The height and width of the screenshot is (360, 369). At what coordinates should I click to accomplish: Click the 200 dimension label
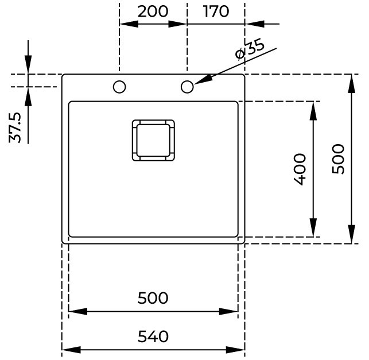[x=153, y=11]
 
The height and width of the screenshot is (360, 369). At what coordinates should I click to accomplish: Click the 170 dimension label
[x=216, y=11]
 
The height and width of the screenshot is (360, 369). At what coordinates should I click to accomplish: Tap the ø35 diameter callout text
[x=250, y=50]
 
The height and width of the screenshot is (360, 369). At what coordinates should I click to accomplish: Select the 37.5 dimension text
[x=15, y=127]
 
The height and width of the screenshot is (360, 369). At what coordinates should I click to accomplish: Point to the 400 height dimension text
[x=300, y=169]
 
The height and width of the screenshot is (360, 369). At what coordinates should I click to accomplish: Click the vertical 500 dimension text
[x=338, y=159]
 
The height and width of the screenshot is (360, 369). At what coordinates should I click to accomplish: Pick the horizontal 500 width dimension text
[x=153, y=298]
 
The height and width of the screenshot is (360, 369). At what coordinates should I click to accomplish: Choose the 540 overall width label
[x=153, y=336]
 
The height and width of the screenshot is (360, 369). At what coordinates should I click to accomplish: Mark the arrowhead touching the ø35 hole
[x=203, y=80]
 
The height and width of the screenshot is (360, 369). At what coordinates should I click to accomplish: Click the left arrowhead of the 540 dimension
[x=71, y=350]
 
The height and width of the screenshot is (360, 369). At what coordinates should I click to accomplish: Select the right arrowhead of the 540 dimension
[x=235, y=350]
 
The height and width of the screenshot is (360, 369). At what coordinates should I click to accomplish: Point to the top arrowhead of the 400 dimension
[x=313, y=111]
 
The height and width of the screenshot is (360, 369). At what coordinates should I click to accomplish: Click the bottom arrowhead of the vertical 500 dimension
[x=351, y=234]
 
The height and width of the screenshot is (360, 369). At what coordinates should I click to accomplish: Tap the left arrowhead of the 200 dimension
[x=129, y=24]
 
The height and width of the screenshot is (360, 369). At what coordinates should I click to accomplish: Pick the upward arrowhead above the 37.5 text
[x=28, y=96]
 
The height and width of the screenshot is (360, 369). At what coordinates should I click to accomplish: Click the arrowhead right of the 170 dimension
[x=254, y=24]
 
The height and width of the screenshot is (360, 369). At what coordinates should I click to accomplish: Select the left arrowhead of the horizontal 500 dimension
[x=78, y=311]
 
